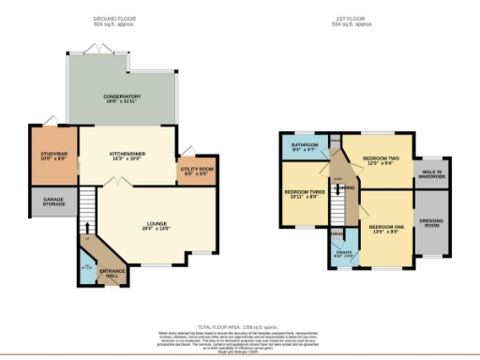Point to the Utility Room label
[198, 171]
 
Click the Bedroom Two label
[382, 160]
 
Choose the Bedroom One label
[386, 228]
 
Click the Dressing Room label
[432, 224]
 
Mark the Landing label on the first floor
[345, 188]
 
